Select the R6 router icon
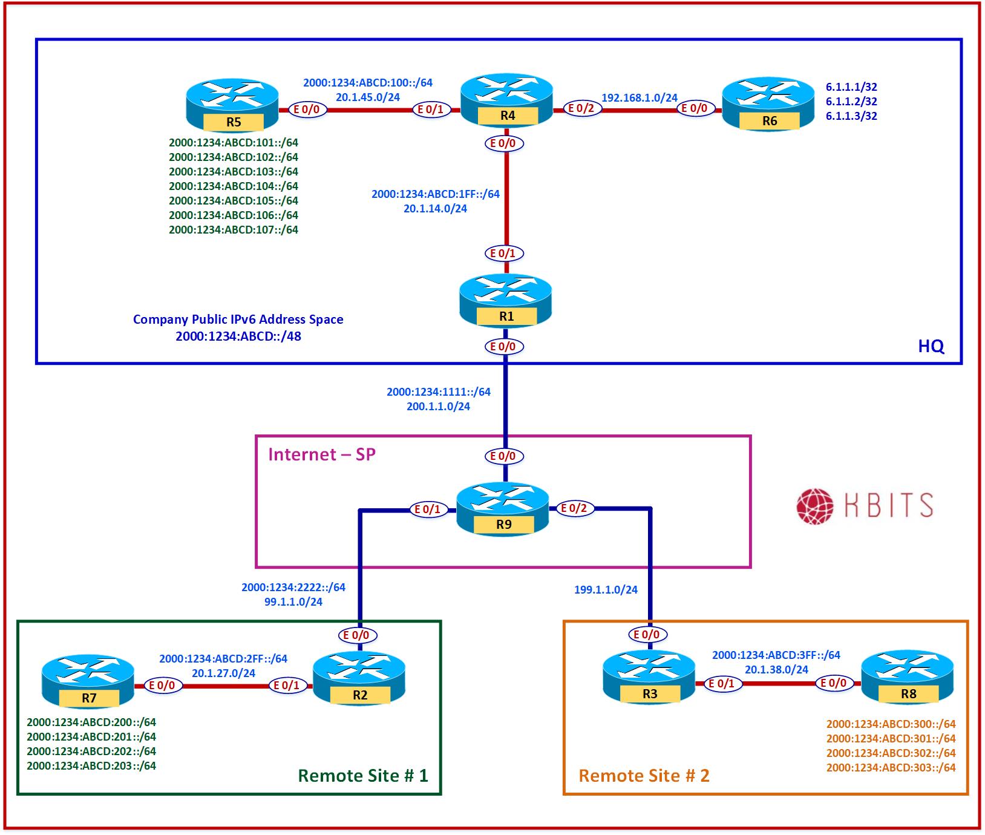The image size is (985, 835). (768, 104)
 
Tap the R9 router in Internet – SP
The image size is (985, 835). (503, 509)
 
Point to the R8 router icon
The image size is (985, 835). (908, 678)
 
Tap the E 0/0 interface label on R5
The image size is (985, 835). (306, 110)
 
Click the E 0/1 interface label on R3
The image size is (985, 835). (721, 684)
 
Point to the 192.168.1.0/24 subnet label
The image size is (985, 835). (639, 97)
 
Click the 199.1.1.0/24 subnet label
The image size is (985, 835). (606, 589)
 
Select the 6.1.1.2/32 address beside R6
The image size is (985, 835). (851, 102)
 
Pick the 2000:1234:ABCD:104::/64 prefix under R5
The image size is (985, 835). (234, 186)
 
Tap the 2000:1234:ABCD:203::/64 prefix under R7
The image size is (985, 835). (91, 766)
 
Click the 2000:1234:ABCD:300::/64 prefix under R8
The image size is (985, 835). (891, 724)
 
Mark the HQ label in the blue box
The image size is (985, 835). (931, 346)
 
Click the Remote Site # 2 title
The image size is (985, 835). (644, 776)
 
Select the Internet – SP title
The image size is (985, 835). (322, 454)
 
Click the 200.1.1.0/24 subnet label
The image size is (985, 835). (438, 407)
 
